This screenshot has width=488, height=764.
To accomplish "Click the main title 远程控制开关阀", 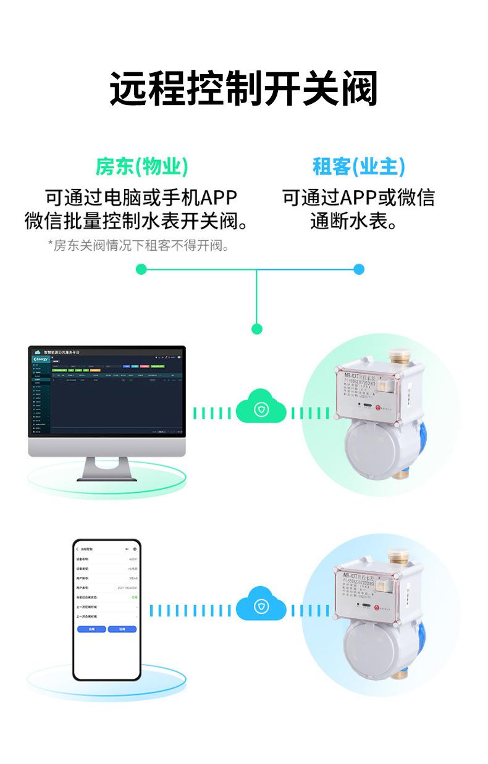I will click(243, 89).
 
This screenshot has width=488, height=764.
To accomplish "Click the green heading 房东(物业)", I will click(141, 166).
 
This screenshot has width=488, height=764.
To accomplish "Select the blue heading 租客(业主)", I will click(358, 166).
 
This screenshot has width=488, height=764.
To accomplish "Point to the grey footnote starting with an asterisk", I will click(139, 246).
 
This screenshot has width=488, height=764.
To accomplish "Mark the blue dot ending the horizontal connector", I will click(359, 269).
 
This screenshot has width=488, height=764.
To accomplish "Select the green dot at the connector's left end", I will click(141, 269).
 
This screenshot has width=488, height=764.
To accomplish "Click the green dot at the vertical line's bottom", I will click(257, 329).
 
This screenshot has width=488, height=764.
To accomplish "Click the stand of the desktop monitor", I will click(106, 467).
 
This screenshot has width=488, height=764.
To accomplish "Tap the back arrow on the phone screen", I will click(78, 548).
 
